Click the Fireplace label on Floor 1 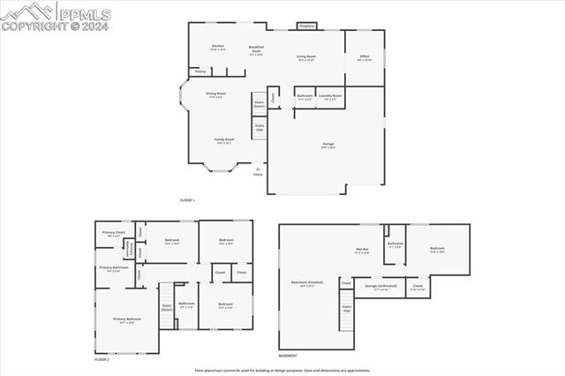pyautogui.click(x=307, y=26)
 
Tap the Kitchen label pyautogui.click(x=218, y=46)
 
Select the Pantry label pyautogui.click(x=200, y=71)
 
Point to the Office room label pyautogui.click(x=364, y=56)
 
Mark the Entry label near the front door pyautogui.click(x=258, y=174)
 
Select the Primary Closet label pyautogui.click(x=114, y=233)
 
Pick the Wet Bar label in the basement pyautogui.click(x=361, y=249)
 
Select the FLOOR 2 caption pyautogui.click(x=102, y=360)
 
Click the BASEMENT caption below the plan pyautogui.click(x=288, y=356)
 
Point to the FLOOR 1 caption pyautogui.click(x=187, y=200)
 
